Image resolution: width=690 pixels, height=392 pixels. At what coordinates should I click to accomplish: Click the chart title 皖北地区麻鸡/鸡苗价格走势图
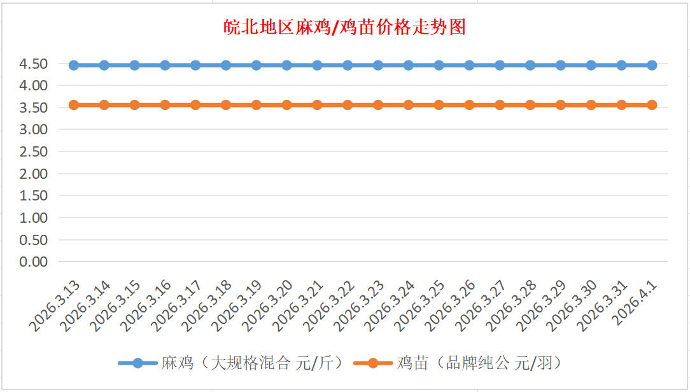[345, 27]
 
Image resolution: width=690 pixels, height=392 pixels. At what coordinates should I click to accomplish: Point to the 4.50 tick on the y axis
[34, 64]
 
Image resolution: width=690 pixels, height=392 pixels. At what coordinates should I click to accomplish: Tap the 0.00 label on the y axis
[34, 262]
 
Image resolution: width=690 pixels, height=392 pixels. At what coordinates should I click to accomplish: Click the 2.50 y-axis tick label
[34, 151]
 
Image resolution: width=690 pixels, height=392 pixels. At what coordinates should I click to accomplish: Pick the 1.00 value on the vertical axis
[34, 218]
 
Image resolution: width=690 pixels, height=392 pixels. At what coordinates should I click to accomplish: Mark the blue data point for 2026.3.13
[74, 65]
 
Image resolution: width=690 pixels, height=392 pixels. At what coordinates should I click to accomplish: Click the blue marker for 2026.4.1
[652, 65]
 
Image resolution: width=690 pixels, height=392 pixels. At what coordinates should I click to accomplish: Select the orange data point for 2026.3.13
[74, 105]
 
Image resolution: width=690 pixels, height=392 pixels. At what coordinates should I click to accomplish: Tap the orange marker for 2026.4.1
[652, 105]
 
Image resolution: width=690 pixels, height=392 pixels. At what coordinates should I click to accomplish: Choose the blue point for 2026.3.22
[348, 65]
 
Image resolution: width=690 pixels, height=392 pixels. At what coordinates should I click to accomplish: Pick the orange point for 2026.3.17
[195, 105]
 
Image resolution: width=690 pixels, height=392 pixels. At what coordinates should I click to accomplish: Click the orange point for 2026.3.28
[530, 105]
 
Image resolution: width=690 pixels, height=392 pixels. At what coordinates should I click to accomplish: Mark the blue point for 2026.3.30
[591, 65]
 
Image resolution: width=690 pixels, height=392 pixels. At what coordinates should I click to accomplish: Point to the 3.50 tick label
[34, 108]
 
